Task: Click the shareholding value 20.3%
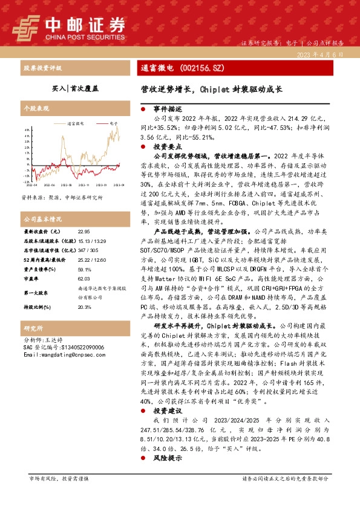coord(84,306)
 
